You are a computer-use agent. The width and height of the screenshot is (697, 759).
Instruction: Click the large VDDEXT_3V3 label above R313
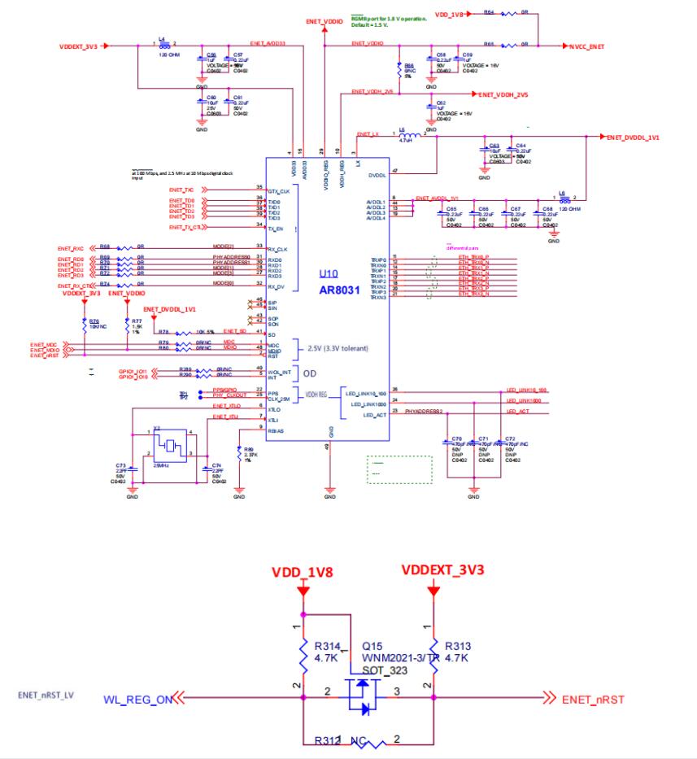(443, 569)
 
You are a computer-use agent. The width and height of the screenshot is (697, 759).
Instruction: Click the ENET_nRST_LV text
(46, 696)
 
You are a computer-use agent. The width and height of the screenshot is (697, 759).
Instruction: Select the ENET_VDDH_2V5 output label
(503, 95)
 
